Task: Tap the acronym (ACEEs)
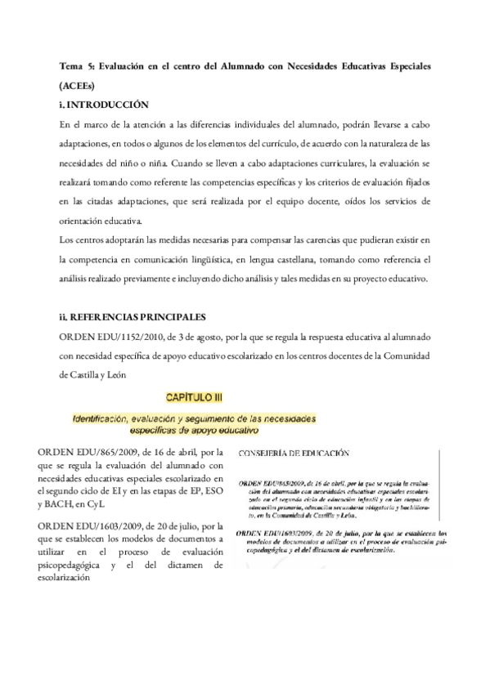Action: coord(79,84)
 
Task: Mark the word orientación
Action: coord(84,221)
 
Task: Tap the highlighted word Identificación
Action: coord(109,417)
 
